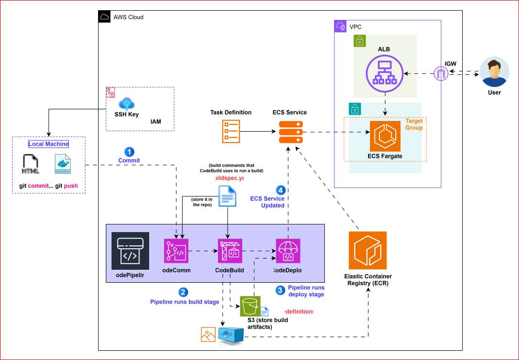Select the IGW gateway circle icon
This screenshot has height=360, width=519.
[x=440, y=74]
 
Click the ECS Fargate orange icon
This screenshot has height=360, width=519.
[x=385, y=136]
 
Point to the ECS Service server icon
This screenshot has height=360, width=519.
[x=290, y=132]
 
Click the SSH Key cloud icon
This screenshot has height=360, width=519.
[x=127, y=103]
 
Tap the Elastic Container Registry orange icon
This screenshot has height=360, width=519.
[x=368, y=250]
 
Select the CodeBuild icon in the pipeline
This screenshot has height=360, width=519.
[x=230, y=251]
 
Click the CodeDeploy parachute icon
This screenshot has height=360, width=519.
[x=288, y=251]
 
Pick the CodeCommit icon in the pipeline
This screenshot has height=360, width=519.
[x=176, y=251]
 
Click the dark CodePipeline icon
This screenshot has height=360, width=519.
[x=130, y=251]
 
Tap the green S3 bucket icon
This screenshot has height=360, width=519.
[x=250, y=306]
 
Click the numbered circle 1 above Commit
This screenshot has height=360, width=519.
[x=130, y=151]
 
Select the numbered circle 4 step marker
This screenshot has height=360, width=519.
[x=280, y=190]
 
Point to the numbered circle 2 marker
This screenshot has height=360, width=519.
[x=183, y=292]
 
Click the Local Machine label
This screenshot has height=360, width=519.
[x=49, y=144]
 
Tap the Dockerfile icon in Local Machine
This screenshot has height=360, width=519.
[x=63, y=164]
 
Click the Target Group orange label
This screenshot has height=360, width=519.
[x=414, y=124]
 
